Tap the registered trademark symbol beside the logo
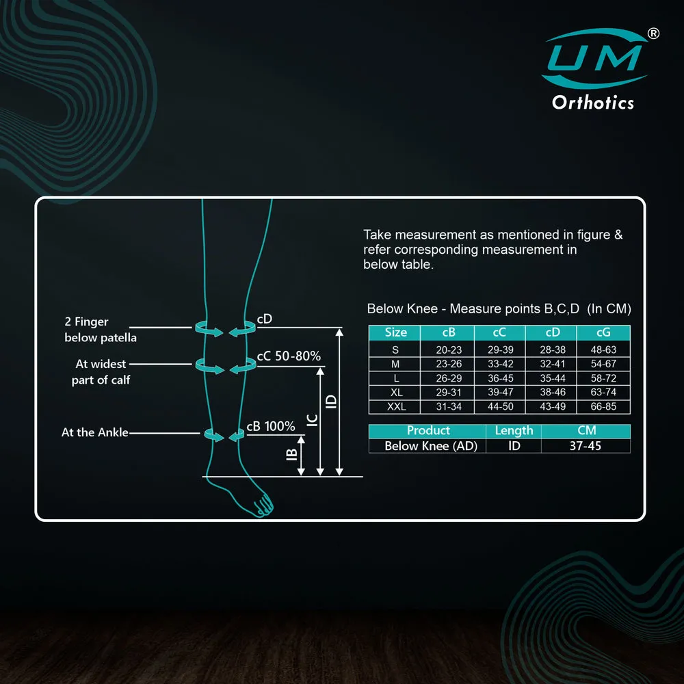tap(653, 34)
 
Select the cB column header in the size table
tap(449, 332)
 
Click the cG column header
tap(603, 332)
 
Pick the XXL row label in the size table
tap(396, 406)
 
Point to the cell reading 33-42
tap(501, 364)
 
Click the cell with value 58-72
tap(603, 378)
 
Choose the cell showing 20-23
tap(449, 350)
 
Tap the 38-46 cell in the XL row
tap(552, 392)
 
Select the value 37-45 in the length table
tap(585, 446)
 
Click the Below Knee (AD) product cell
tap(430, 446)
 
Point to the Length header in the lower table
tap(514, 430)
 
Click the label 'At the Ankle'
tap(94, 432)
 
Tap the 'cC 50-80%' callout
tap(289, 356)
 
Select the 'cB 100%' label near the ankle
tap(270, 426)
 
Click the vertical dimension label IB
tap(291, 455)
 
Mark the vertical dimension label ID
tap(331, 402)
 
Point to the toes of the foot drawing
tap(264, 506)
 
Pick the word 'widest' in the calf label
tap(108, 364)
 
